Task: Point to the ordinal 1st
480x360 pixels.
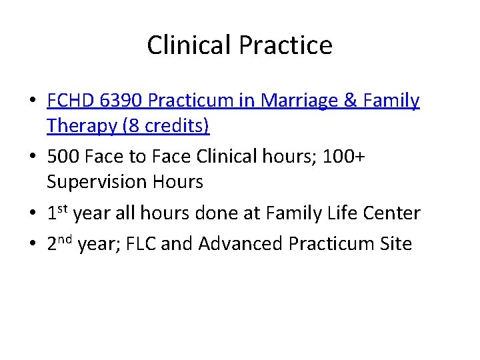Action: click(57, 213)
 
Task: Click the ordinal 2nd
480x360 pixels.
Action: click(60, 243)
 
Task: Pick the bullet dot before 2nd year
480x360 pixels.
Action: click(32, 245)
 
